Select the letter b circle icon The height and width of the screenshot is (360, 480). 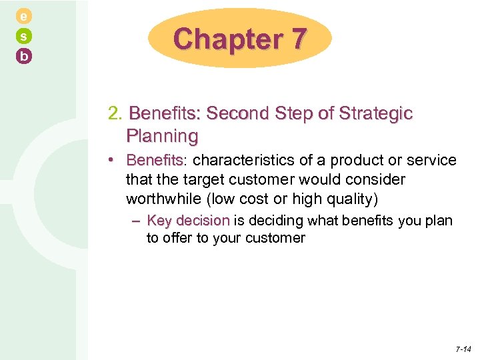click(24, 57)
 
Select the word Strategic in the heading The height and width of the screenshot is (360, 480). click(379, 113)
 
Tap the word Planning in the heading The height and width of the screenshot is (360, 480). click(162, 136)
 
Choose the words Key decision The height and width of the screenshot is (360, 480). click(188, 221)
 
